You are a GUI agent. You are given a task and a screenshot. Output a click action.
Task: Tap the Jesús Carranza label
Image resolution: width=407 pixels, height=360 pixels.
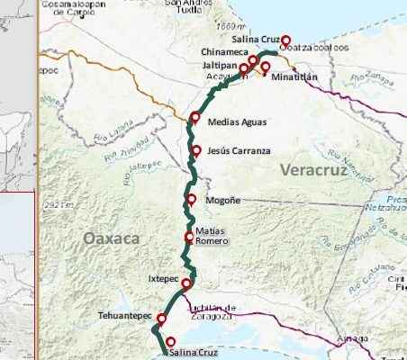click(238, 150)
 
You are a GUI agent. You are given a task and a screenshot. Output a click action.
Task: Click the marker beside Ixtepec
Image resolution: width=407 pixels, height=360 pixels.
click(186, 284)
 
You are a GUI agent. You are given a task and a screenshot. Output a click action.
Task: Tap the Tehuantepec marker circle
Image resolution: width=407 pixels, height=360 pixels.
click(162, 318)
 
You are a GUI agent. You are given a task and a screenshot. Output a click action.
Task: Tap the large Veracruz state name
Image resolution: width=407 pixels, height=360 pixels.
click(312, 169)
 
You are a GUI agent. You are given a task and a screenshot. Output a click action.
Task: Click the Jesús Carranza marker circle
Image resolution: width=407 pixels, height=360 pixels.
click(195, 150)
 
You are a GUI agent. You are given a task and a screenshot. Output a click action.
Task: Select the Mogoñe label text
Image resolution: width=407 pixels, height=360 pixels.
click(223, 200)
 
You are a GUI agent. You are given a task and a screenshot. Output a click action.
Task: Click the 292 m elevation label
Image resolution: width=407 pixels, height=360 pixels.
click(57, 205)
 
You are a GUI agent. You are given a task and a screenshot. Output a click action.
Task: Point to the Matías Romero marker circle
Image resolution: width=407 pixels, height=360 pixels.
click(189, 238)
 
